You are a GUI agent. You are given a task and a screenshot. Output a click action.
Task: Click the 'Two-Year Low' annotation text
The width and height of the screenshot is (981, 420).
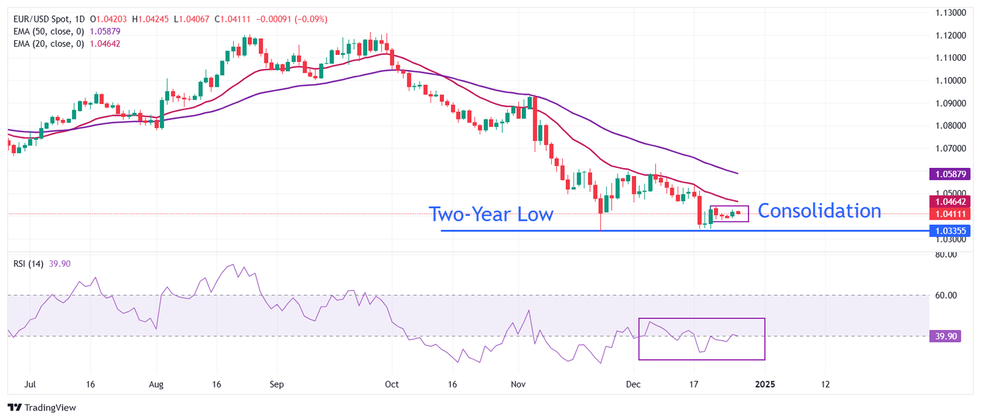(490, 214)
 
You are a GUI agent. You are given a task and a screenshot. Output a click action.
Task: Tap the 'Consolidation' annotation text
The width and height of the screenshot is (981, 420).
(819, 211)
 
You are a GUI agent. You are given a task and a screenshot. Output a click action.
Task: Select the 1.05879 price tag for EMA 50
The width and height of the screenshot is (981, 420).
(952, 174)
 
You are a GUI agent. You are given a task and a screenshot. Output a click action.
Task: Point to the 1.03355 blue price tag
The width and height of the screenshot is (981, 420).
(952, 231)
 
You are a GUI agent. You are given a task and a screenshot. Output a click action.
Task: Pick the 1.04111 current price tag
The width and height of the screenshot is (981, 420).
(952, 214)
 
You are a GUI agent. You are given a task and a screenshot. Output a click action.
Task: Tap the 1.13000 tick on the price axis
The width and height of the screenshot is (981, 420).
(951, 13)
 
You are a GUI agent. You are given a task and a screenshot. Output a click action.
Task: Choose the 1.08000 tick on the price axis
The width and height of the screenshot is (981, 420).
(951, 126)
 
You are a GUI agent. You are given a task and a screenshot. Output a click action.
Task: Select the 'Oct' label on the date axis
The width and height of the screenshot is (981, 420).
(392, 385)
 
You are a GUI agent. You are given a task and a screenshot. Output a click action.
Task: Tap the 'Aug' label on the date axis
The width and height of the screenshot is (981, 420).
(156, 385)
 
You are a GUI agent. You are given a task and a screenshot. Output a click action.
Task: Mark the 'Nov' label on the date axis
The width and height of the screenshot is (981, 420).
(518, 385)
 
